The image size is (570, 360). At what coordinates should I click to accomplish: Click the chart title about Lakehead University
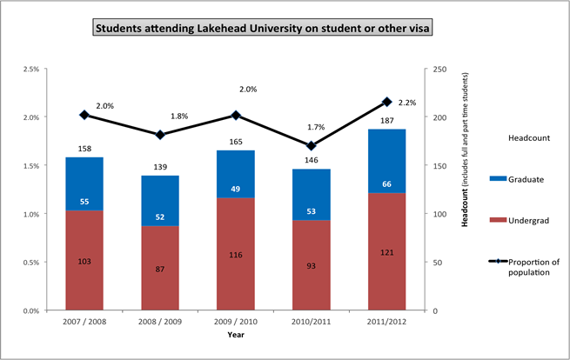pyautogui.click(x=264, y=28)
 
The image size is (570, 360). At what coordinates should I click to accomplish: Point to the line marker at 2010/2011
pyautogui.click(x=311, y=146)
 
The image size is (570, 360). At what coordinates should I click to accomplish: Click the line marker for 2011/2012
pyautogui.click(x=387, y=102)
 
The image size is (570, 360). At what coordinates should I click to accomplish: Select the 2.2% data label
pyautogui.click(x=406, y=103)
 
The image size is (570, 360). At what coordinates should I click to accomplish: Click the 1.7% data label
pyautogui.click(x=316, y=127)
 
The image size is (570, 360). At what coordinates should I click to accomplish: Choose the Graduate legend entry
pyautogui.click(x=518, y=179)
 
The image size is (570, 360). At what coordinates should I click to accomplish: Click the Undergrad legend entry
pyautogui.click(x=518, y=222)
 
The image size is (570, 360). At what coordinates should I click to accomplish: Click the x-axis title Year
pyautogui.click(x=236, y=334)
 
